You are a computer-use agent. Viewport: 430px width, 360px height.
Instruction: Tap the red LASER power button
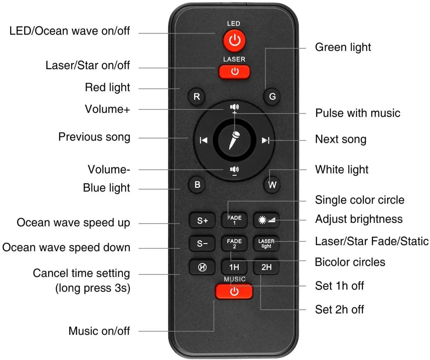pos(234,71)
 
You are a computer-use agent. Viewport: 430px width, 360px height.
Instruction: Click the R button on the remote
pos(197,97)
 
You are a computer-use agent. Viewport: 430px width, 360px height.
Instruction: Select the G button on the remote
pos(272,97)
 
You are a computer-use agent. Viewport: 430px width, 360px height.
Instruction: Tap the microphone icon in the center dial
pos(234,140)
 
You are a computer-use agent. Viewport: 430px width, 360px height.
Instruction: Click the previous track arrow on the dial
pos(204,140)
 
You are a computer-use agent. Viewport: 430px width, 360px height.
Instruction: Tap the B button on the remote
pos(197,184)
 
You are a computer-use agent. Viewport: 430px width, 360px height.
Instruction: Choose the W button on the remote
pos(272,185)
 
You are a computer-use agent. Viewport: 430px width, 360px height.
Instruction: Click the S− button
pos(202,243)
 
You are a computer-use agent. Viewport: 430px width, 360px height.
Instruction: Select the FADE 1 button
pos(234,220)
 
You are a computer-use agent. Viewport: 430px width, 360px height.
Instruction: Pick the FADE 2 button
pos(234,243)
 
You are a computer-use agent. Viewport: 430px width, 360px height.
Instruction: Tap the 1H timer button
pos(234,267)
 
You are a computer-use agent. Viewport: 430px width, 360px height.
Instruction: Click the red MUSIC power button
pos(234,291)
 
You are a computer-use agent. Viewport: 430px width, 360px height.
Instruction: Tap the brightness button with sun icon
pos(266,220)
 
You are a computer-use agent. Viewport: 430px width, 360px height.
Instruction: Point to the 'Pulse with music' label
pos(358,113)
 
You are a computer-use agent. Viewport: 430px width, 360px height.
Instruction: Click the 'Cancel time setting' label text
pos(81,274)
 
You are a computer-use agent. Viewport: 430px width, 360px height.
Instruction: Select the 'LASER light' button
pos(266,243)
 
